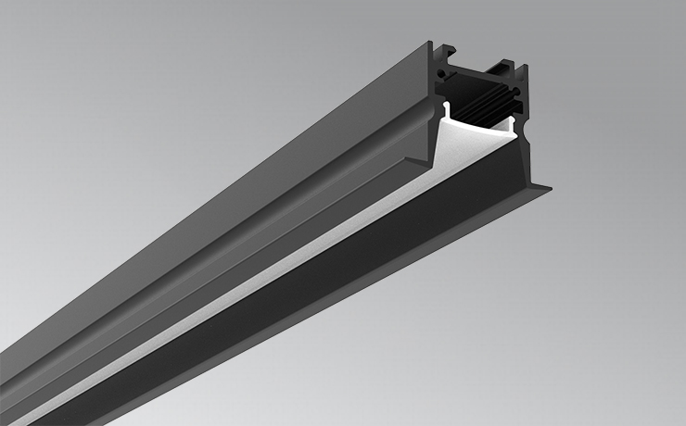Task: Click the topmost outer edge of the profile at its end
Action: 431,42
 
